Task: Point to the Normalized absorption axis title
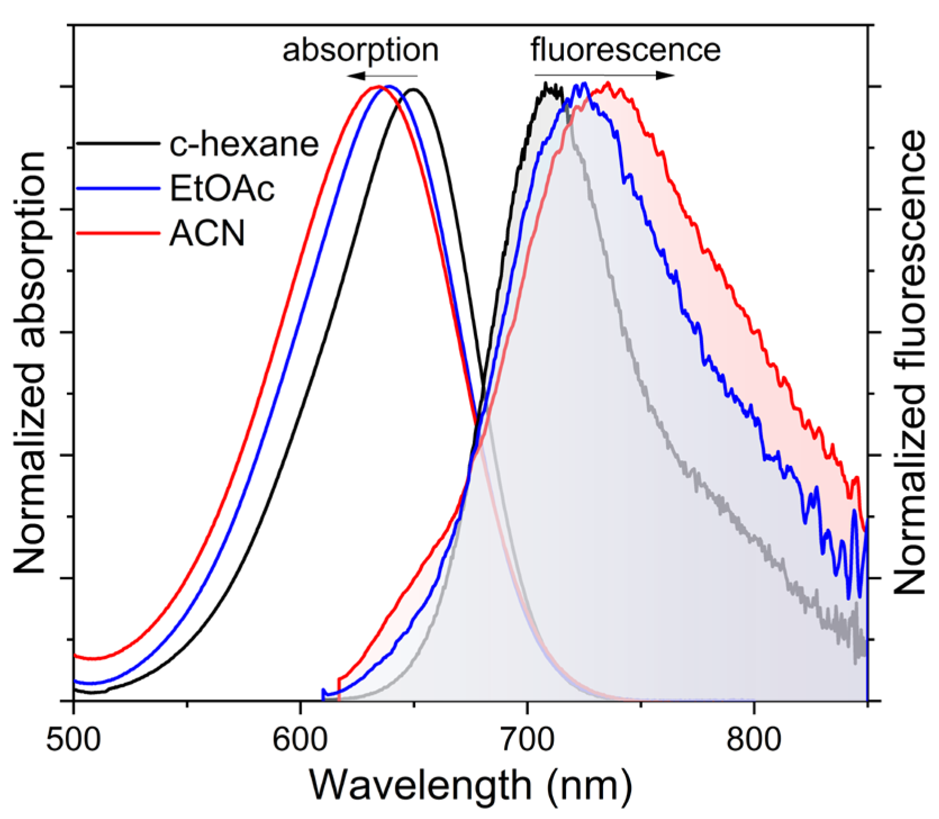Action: pyautogui.click(x=29, y=363)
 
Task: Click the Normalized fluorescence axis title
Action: pyautogui.click(x=909, y=363)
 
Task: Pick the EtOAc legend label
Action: pyautogui.click(x=222, y=189)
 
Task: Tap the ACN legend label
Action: pyautogui.click(x=207, y=234)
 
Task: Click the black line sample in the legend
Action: pyautogui.click(x=118, y=144)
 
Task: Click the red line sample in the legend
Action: pyautogui.click(x=118, y=233)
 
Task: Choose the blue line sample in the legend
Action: pyautogui.click(x=118, y=189)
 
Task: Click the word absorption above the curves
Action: pyautogui.click(x=360, y=51)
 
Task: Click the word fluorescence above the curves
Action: pyautogui.click(x=626, y=51)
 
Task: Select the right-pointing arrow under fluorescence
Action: pyautogui.click(x=605, y=75)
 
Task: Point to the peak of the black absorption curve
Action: pyautogui.click(x=414, y=89)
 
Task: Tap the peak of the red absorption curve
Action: pyautogui.click(x=378, y=87)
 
